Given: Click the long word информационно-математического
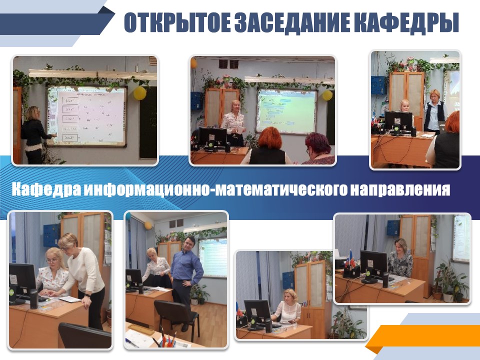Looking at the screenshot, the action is pyautogui.click(x=216, y=189).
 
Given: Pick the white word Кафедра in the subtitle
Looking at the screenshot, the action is pyautogui.click(x=46, y=189).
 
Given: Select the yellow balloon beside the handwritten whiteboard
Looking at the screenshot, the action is pyautogui.click(x=139, y=93).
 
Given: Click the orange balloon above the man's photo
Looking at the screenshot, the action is pyautogui.click(x=148, y=225).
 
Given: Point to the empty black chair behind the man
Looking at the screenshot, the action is pyautogui.click(x=177, y=316).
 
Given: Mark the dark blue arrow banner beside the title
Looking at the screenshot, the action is pyautogui.click(x=56, y=24).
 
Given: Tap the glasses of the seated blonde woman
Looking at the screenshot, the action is pyautogui.click(x=52, y=261).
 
